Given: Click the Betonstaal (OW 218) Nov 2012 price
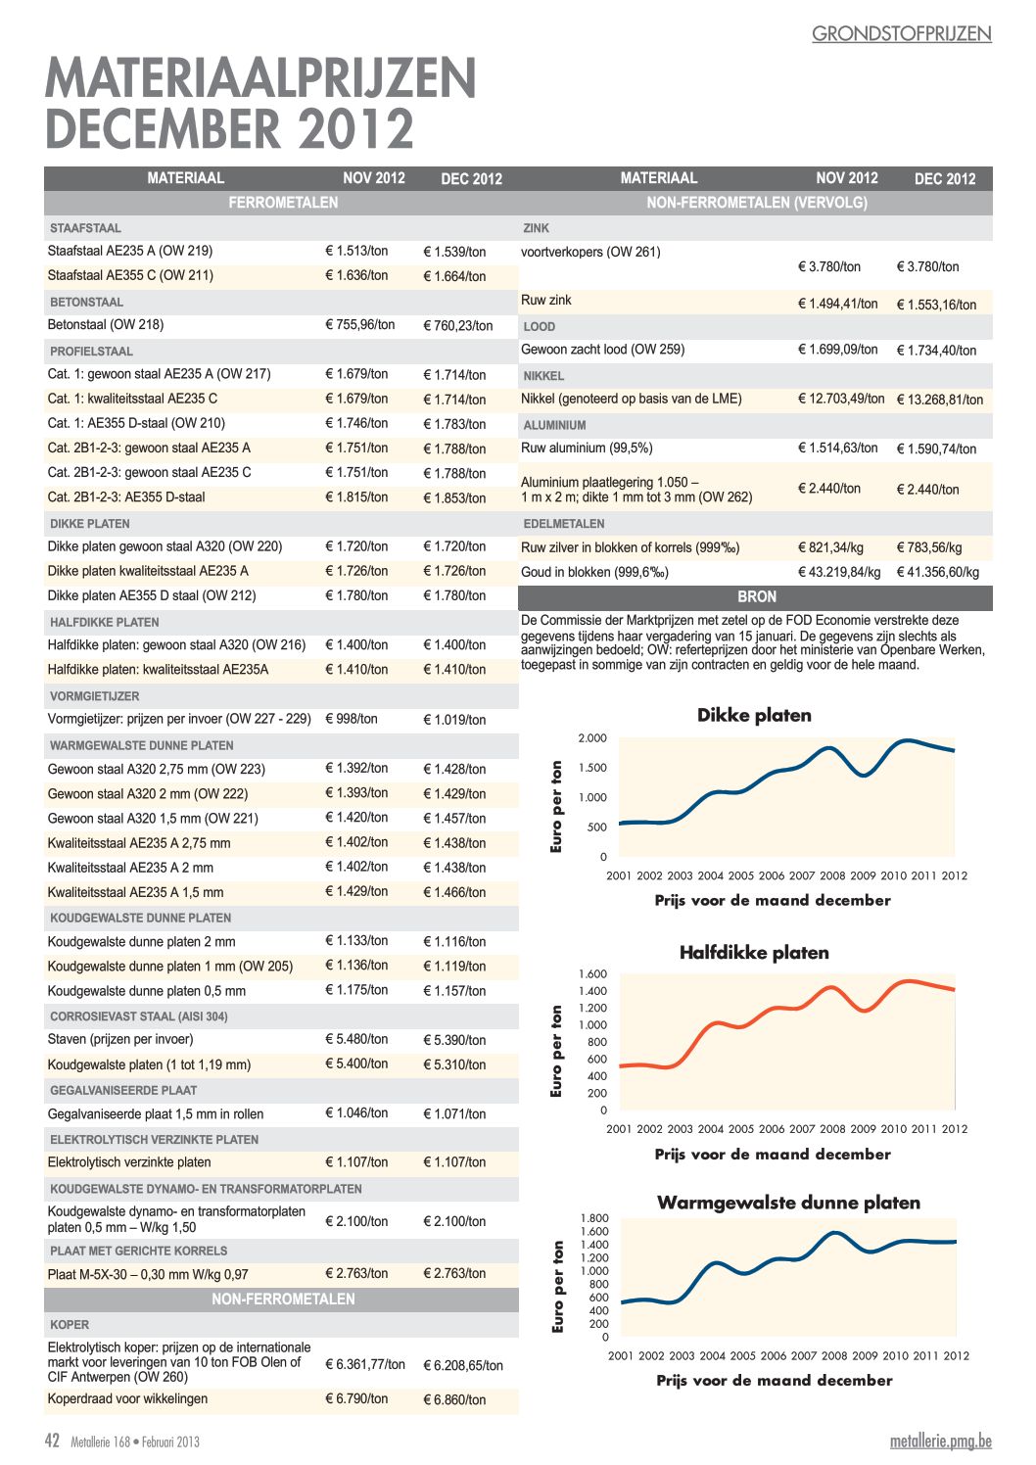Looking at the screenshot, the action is coord(359,324).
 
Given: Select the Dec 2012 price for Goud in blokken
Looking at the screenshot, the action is coord(938,572).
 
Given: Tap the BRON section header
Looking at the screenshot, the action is coord(756,596).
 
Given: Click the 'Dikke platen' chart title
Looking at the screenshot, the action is coord(754,715).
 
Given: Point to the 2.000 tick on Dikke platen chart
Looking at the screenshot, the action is coord(592,737).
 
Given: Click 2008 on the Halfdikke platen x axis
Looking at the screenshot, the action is coord(832,1128).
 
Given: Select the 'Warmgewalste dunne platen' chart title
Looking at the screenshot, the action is coord(788,1203).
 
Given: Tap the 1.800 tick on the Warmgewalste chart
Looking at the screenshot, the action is coord(594,1218).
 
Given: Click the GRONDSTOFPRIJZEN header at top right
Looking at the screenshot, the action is coord(902,34).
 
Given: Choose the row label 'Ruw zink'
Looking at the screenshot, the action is coord(546,300).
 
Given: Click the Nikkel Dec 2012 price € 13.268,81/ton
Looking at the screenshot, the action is coord(940,400).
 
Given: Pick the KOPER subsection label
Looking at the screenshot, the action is coord(70,1324).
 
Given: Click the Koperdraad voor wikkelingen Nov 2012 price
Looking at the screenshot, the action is coord(356,1398).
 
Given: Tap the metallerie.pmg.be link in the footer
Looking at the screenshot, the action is coord(940,1441).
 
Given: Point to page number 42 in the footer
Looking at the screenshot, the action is coord(52,1441).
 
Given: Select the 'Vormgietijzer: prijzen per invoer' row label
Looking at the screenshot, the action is coord(179,719).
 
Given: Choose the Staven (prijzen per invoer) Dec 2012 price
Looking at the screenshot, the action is coord(454,1040).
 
